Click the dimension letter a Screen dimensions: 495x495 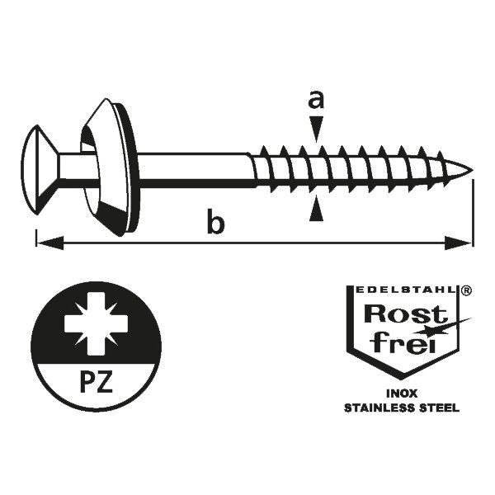coord(314,101)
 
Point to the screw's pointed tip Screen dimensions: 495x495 coord(470,172)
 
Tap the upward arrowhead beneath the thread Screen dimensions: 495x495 coord(314,212)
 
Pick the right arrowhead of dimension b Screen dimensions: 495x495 coord(464,243)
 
